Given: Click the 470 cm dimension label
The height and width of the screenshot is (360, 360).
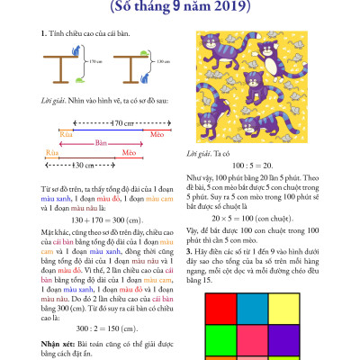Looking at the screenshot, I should point(109,121).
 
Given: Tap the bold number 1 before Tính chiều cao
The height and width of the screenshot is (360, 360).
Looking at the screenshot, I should point(43,33).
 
